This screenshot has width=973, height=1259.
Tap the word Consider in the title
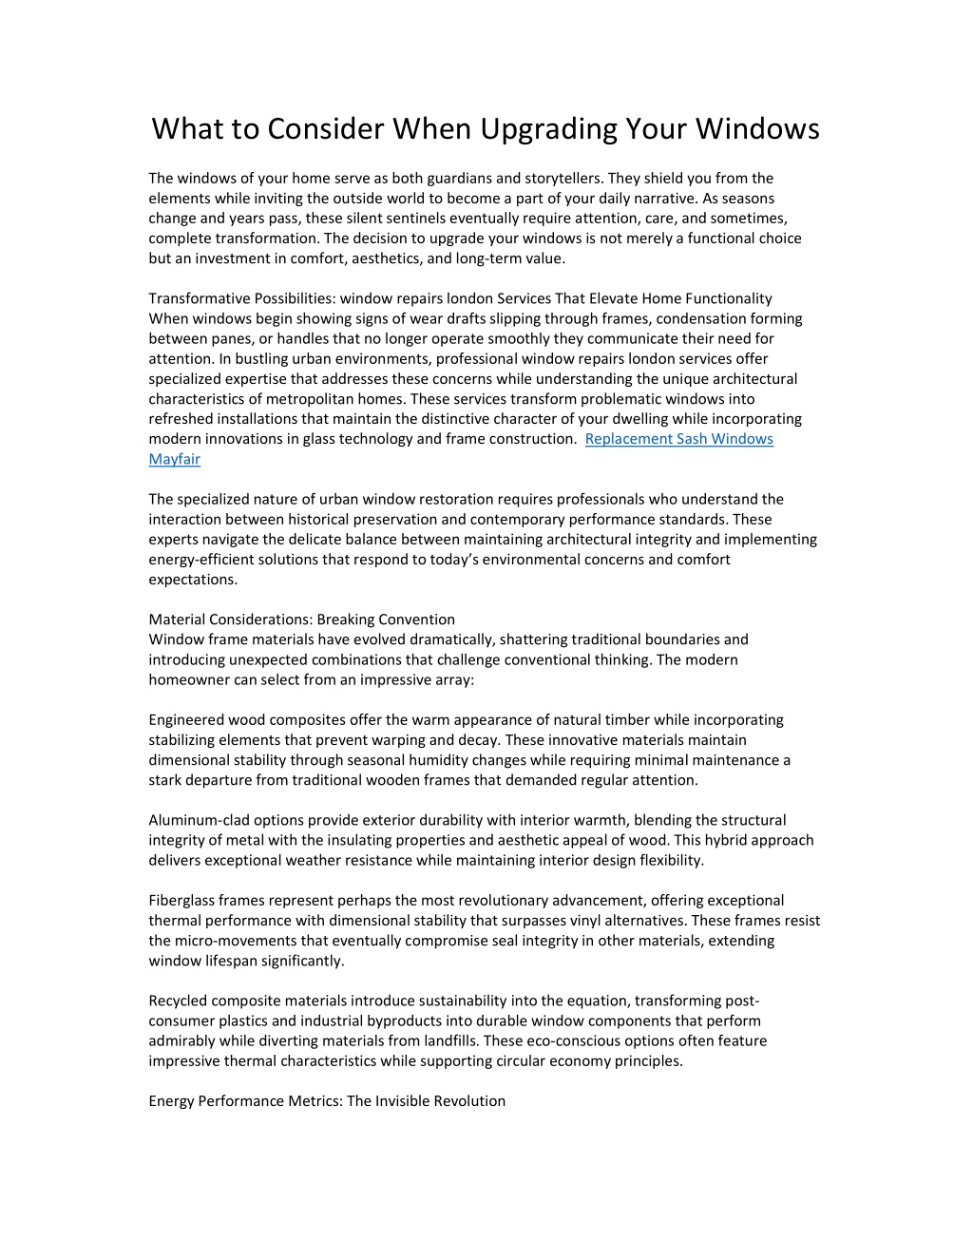pyautogui.click(x=324, y=128)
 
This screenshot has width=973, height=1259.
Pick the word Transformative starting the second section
pyautogui.click(x=195, y=298)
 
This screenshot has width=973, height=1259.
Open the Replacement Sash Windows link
pyautogui.click(x=678, y=439)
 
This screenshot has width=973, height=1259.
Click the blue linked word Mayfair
pyautogui.click(x=174, y=459)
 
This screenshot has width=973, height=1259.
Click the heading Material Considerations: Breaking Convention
pyautogui.click(x=301, y=620)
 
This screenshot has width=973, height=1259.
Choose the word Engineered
pyautogui.click(x=186, y=720)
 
